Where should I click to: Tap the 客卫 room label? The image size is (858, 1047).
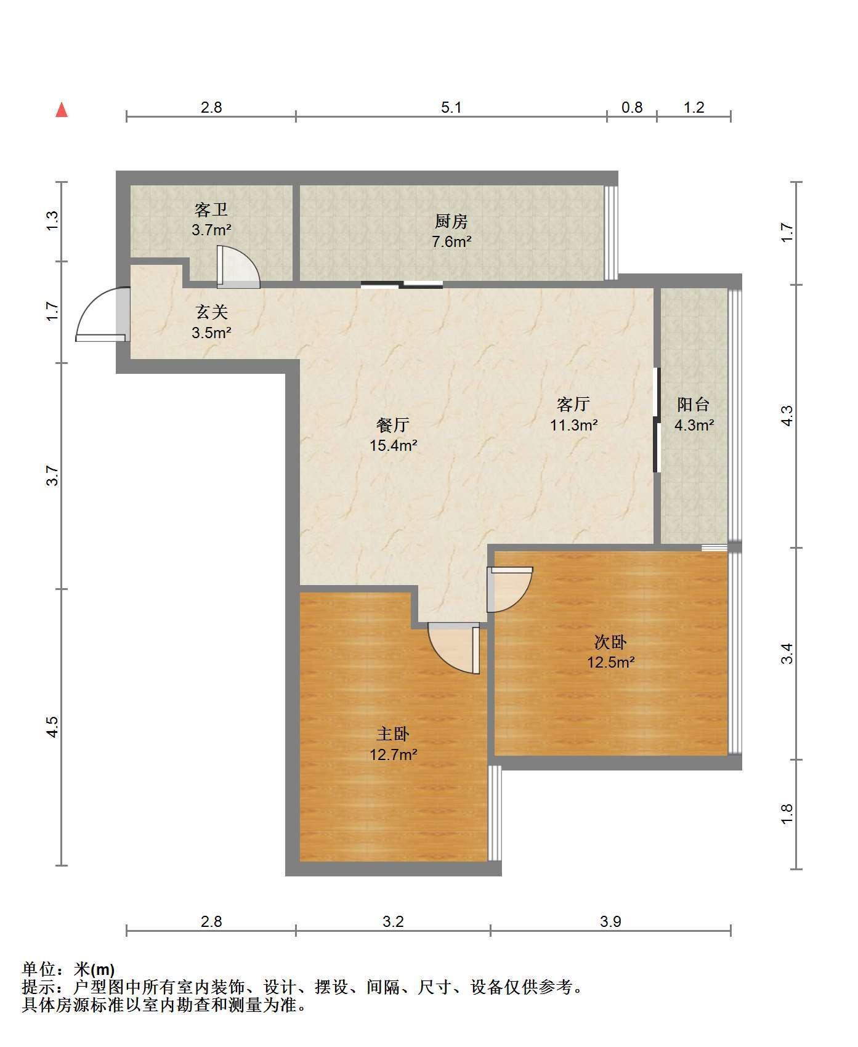click(211, 210)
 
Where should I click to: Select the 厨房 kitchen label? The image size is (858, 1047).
click(451, 221)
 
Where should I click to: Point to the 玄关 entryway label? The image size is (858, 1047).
click(211, 312)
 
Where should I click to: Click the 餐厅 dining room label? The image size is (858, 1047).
click(393, 425)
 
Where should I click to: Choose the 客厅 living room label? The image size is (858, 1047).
click(573, 404)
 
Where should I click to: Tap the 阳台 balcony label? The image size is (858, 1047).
click(694, 404)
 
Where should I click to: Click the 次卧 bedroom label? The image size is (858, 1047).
click(610, 642)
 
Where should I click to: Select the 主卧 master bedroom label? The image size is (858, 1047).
click(393, 734)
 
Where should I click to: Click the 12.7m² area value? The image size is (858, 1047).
click(394, 754)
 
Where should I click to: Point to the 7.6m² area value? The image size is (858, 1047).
click(451, 241)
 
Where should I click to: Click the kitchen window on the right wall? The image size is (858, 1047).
click(610, 233)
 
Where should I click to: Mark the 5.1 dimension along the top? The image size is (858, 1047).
click(451, 108)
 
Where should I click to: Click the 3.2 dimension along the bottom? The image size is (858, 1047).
click(393, 921)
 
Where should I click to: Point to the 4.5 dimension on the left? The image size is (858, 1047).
click(53, 727)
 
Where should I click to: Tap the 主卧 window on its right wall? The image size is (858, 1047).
click(495, 813)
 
